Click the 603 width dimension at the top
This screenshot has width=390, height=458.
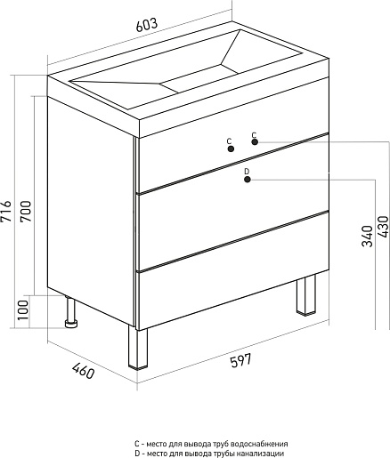[x=146, y=25]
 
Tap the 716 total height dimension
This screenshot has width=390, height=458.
[x=6, y=211]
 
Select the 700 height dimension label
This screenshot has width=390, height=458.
[x=26, y=211]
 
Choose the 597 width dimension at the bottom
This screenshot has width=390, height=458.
[x=240, y=360]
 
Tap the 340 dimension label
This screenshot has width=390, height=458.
[x=367, y=236]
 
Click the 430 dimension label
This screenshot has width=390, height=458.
[x=383, y=227]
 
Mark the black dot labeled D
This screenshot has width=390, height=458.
[x=248, y=180]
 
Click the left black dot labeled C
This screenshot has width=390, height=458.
[x=231, y=149]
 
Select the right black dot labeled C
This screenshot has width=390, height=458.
[x=255, y=142]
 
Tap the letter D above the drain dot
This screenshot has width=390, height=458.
[x=247, y=172]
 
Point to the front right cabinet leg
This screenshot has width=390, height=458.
[x=306, y=294]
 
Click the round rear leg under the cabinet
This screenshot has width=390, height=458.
[x=71, y=312]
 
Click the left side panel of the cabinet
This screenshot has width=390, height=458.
[x=92, y=211]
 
